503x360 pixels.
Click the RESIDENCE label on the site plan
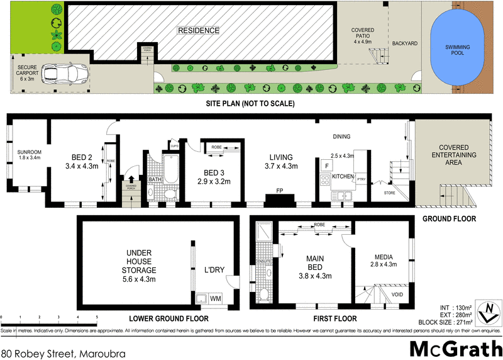tap(198, 30)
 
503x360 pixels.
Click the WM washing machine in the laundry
tap(215, 298)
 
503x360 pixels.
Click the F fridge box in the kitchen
tap(326, 165)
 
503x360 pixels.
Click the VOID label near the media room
tap(397, 294)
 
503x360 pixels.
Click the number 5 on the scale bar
tap(97, 317)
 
